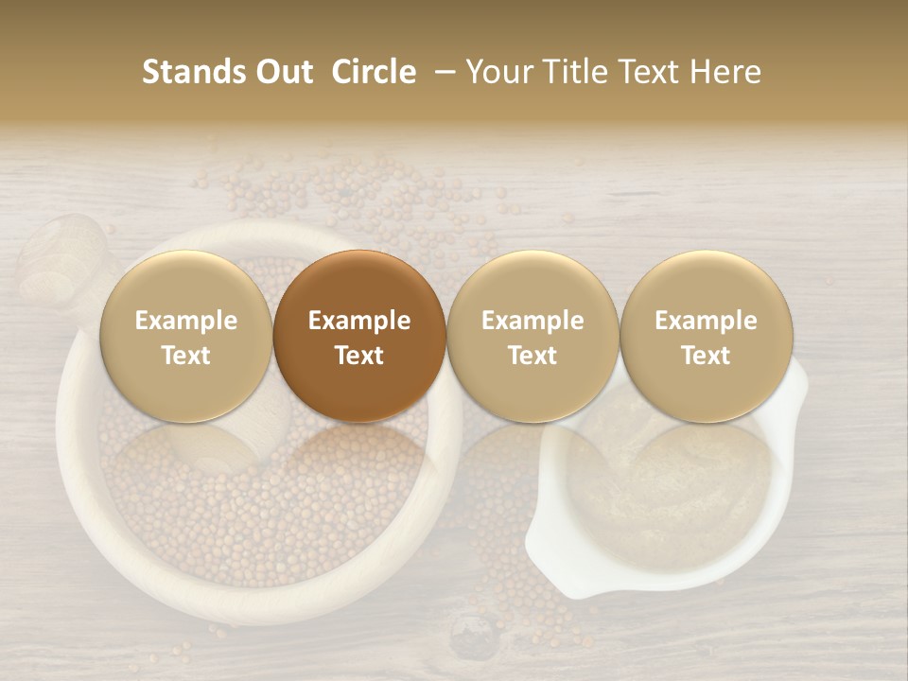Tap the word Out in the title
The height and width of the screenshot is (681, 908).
click(281, 72)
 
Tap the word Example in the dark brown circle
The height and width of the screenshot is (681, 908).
click(359, 321)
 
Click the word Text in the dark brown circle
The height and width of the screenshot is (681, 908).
click(359, 356)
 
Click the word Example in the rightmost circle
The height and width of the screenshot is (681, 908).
click(706, 321)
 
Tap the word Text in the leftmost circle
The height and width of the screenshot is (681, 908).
click(186, 356)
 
